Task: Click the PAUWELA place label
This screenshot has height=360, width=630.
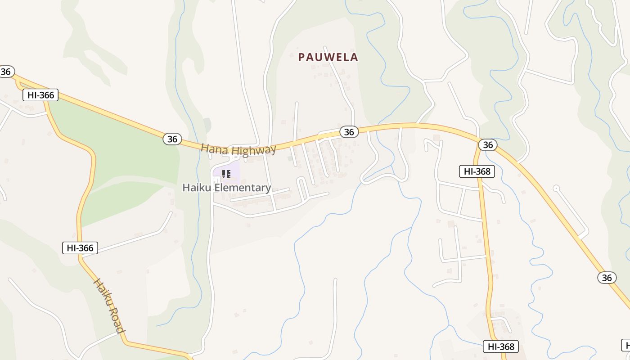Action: (x=328, y=57)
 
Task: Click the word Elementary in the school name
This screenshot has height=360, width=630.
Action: (x=243, y=188)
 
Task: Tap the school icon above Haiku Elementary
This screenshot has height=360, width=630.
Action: (x=226, y=174)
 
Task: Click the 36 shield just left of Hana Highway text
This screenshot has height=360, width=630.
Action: (x=172, y=139)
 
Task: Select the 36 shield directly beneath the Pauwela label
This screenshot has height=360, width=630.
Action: (x=349, y=131)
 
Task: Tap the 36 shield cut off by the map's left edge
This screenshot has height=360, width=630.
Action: (x=6, y=72)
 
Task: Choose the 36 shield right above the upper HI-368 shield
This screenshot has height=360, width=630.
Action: (x=487, y=144)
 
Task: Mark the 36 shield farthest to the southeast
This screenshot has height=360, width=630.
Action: (x=607, y=278)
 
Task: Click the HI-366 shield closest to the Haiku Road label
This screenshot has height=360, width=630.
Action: (x=80, y=247)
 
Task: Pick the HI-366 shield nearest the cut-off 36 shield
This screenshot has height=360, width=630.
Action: (x=40, y=95)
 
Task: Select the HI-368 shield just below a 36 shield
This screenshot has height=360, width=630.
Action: (x=477, y=171)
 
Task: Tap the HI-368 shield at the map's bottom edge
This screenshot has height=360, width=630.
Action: (x=501, y=346)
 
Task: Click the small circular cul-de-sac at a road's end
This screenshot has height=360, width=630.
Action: (x=556, y=187)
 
